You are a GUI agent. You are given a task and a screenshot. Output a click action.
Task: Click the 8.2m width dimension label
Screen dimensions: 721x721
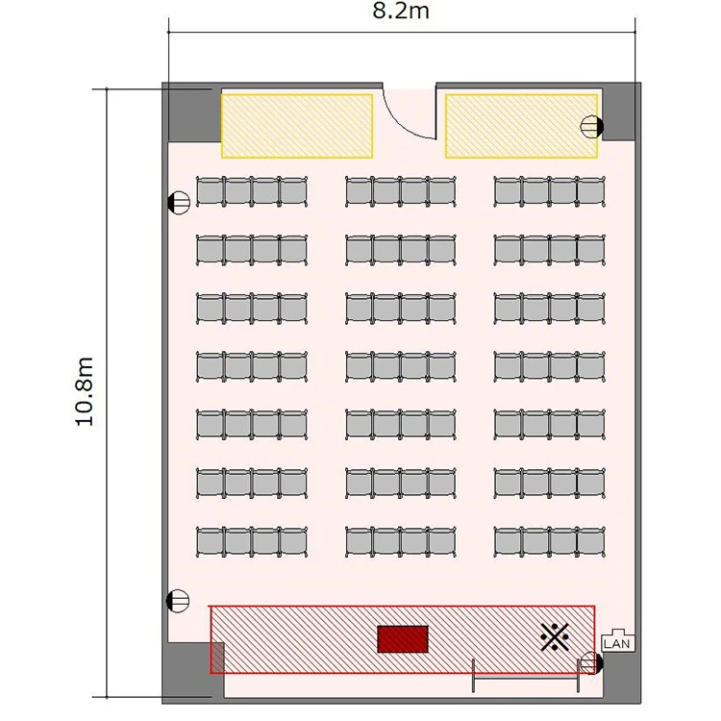(x=401, y=11)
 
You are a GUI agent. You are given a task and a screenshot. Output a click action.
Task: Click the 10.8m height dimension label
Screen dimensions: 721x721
(x=85, y=392)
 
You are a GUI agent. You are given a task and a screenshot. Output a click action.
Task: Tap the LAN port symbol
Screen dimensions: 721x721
(x=617, y=640)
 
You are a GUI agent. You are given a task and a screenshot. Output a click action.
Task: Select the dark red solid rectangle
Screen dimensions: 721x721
(x=403, y=639)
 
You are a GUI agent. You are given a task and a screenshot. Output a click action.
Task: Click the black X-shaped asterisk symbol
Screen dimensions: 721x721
(x=554, y=636)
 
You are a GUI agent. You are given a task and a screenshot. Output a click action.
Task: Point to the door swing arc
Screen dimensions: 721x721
(x=400, y=123)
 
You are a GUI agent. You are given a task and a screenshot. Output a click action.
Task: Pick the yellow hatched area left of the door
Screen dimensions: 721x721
(x=297, y=126)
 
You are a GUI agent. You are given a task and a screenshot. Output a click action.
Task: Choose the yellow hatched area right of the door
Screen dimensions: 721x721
(x=521, y=126)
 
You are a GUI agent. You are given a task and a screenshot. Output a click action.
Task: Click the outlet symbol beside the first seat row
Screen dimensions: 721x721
(x=179, y=202)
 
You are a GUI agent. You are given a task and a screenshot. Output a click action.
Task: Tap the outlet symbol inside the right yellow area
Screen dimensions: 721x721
(x=592, y=127)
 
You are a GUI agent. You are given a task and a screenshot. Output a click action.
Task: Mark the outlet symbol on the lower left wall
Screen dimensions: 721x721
(x=178, y=601)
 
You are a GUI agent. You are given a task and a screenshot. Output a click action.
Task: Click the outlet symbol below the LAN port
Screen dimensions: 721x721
(x=592, y=663)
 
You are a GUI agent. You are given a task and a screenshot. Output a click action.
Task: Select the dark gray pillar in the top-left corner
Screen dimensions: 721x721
(x=194, y=114)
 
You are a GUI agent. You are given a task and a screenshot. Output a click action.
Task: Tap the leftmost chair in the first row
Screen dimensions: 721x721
(x=211, y=191)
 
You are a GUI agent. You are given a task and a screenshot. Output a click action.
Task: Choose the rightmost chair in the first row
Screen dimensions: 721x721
(x=591, y=191)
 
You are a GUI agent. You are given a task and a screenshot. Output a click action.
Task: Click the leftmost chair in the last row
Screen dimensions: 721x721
(x=211, y=541)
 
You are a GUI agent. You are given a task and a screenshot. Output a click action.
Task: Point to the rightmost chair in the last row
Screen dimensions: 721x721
(x=591, y=541)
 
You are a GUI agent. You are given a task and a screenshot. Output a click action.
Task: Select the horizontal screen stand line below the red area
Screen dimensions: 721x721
(x=526, y=677)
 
